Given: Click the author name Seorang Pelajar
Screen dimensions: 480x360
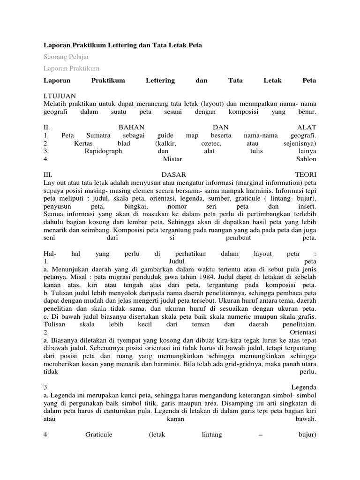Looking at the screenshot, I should (x=66, y=57).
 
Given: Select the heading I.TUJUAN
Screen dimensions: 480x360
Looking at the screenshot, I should (x=60, y=96).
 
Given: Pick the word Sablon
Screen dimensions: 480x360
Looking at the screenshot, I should (x=307, y=159).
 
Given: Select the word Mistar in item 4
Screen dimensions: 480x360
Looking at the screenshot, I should (x=172, y=159).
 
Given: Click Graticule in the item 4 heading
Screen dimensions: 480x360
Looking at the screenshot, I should (x=99, y=435).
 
